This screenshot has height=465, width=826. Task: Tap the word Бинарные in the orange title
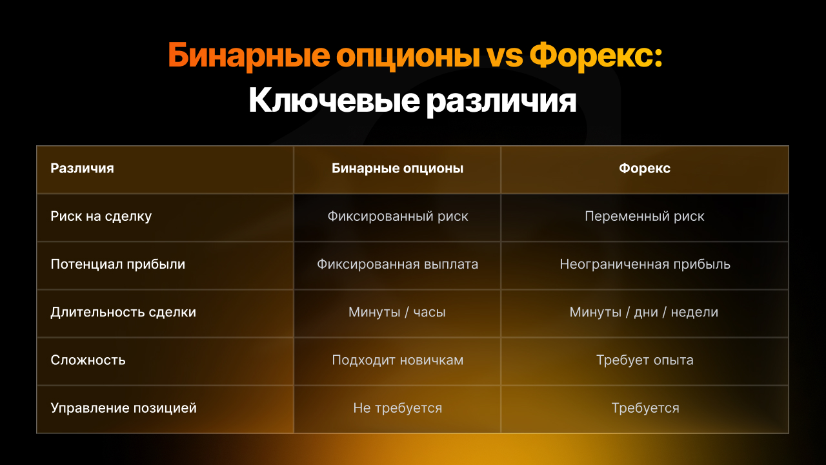(x=249, y=56)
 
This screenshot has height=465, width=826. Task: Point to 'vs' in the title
(x=505, y=58)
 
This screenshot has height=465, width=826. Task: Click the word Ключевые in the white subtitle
(x=334, y=100)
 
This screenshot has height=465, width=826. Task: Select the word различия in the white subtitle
(x=501, y=101)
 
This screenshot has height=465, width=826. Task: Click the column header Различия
(x=82, y=169)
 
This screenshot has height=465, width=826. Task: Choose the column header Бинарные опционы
(x=397, y=169)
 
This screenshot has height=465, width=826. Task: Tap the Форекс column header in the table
(x=645, y=169)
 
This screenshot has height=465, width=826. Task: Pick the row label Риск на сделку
(x=101, y=216)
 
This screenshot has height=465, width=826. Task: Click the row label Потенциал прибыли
(x=118, y=264)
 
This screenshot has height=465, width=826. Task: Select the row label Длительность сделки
(x=123, y=312)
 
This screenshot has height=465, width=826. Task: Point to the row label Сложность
(x=88, y=360)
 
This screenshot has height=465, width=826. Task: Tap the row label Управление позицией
(x=123, y=408)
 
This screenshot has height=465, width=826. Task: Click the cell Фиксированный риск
(x=398, y=216)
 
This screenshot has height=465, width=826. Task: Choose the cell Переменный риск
(x=645, y=216)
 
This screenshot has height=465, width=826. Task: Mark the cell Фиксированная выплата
(x=398, y=264)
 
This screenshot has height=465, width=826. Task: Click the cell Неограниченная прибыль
(x=645, y=264)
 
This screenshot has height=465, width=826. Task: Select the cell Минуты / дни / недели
(x=644, y=312)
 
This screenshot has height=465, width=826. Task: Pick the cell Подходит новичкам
(x=398, y=360)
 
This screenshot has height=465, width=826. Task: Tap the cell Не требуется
(x=398, y=408)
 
